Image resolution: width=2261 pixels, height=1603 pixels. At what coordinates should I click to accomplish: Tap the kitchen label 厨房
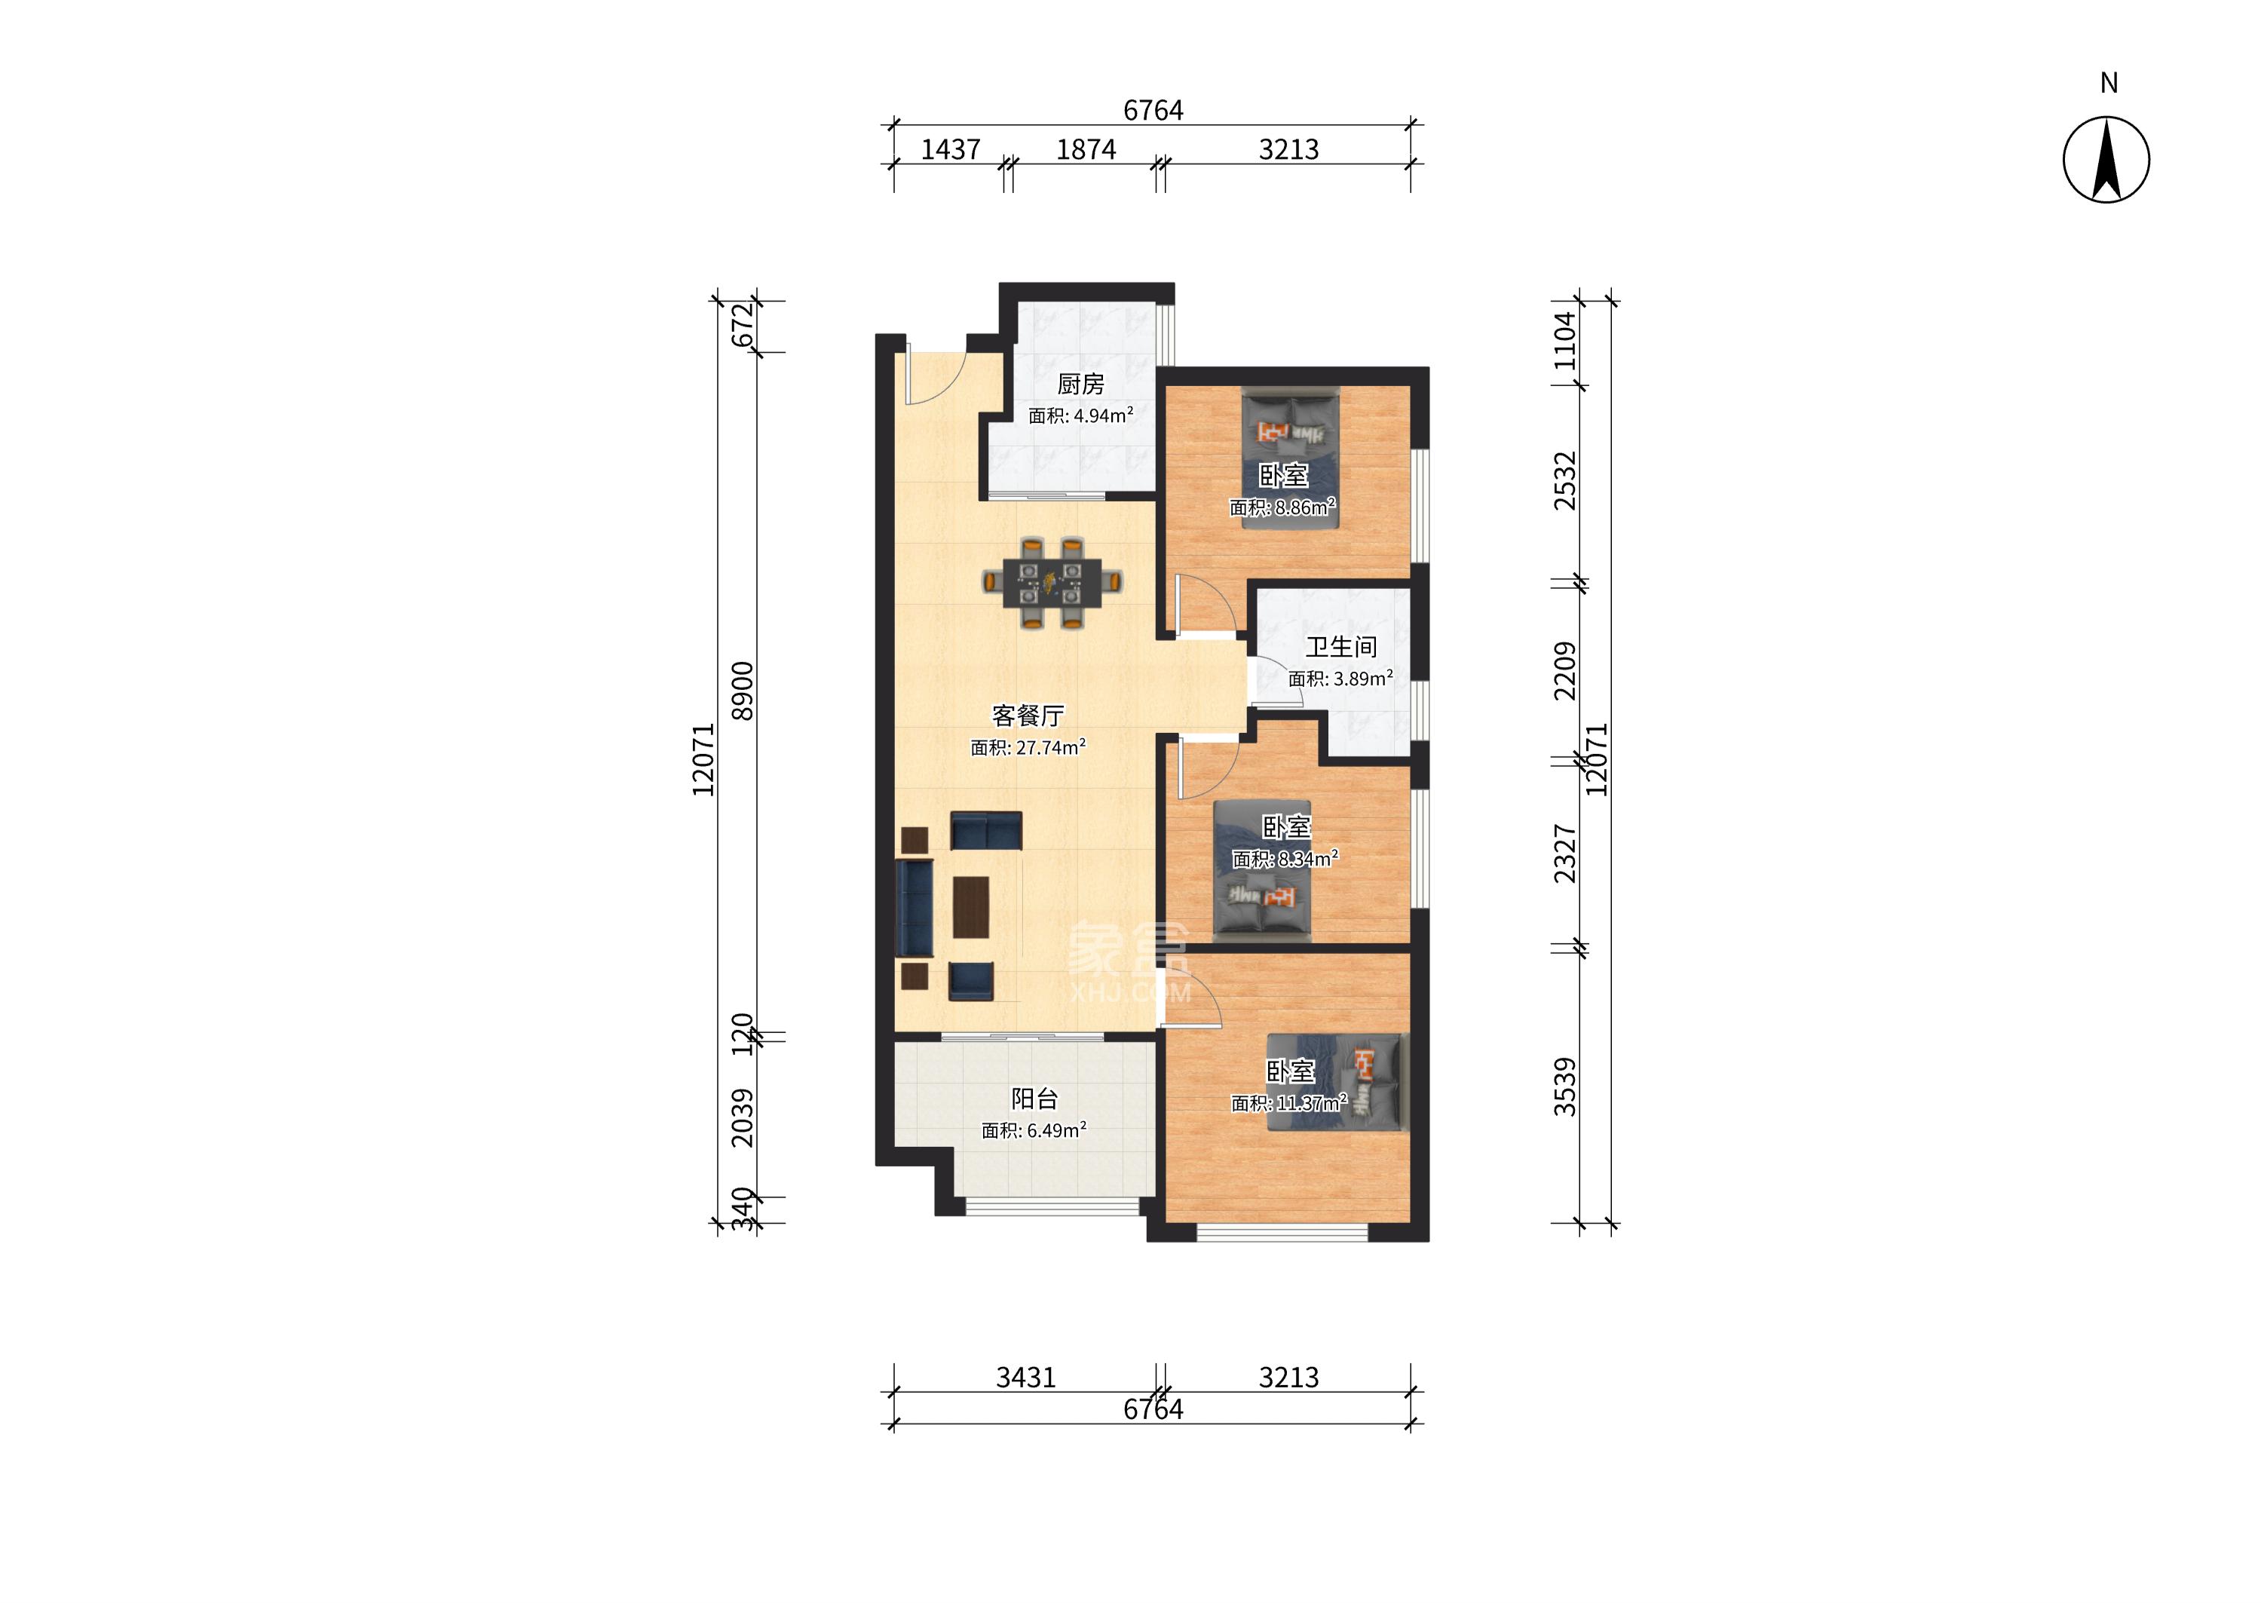pos(1080,384)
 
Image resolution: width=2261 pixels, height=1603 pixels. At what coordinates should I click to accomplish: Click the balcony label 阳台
pos(1034,1099)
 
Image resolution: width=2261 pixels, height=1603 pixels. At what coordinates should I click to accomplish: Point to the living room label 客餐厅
pos(1028,715)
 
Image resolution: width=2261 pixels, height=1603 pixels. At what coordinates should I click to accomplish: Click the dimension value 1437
pos(951,149)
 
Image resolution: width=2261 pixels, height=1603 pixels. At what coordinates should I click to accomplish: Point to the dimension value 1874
pos(1086,149)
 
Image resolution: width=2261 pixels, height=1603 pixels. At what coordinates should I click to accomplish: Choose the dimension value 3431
pos(1025,1377)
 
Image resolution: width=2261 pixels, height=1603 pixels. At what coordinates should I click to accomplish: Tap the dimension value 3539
pos(1564,1087)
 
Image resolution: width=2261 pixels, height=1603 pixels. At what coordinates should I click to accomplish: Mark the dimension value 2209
pos(1564,671)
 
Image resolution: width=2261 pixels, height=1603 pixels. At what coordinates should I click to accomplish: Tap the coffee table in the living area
pos(280,907)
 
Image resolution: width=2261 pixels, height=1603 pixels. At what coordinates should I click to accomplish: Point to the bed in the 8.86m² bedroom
pos(1290,460)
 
